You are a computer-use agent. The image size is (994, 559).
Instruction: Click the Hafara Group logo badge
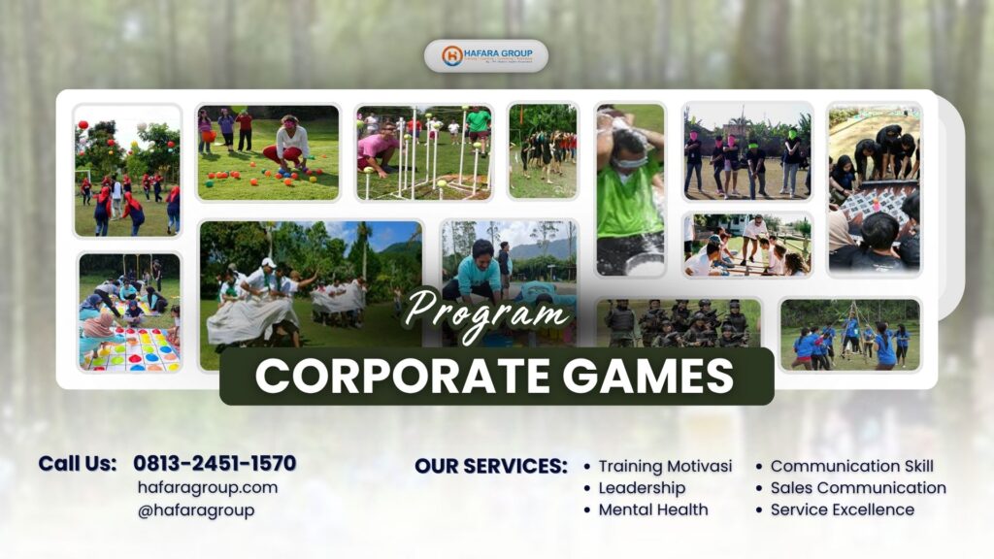coord(485,55)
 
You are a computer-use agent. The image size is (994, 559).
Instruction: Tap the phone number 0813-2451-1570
coord(215,464)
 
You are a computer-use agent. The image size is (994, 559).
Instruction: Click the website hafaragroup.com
coord(208,487)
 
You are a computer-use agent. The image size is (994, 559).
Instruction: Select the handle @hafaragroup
coord(196,510)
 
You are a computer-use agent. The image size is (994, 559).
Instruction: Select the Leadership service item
coord(642,488)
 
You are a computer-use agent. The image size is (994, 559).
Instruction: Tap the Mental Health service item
coord(652,510)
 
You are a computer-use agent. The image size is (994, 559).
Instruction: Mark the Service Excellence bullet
coord(842,510)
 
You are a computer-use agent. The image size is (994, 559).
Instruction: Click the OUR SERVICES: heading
coord(491,466)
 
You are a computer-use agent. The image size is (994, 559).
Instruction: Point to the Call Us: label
coord(78,464)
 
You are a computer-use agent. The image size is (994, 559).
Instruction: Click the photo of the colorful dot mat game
coord(130,312)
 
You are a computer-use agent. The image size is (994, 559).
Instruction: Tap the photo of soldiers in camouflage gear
coord(679,323)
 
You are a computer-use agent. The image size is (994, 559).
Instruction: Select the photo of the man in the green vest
coord(630,189)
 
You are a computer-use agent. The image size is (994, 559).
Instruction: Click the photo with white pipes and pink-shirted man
coord(424,152)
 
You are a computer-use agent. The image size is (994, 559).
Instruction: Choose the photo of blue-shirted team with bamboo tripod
coord(850,334)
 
